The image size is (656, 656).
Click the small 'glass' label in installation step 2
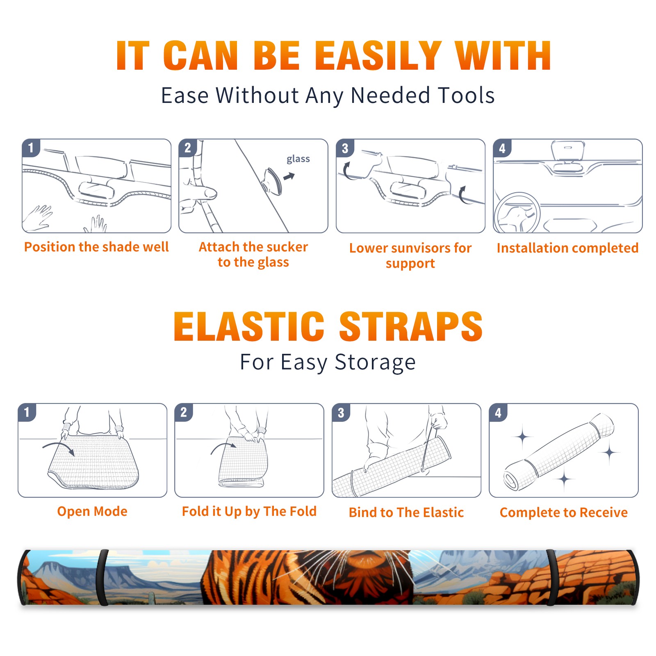pyautogui.click(x=298, y=159)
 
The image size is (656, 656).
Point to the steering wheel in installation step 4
pyautogui.click(x=517, y=212)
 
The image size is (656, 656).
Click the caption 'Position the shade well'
pyautogui.click(x=96, y=247)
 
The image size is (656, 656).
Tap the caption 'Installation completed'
pyautogui.click(x=567, y=248)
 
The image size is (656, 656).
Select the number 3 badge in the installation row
pyautogui.click(x=345, y=148)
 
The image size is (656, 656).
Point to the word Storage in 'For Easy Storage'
pyautogui.click(x=375, y=362)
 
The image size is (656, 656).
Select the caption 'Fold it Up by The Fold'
pyautogui.click(x=249, y=511)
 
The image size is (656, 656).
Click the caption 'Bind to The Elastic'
pyautogui.click(x=406, y=512)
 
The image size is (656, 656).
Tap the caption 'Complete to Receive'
pyautogui.click(x=564, y=512)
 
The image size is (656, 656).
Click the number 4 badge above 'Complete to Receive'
pyautogui.click(x=498, y=412)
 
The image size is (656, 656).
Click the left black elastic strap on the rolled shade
pyautogui.click(x=102, y=577)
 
